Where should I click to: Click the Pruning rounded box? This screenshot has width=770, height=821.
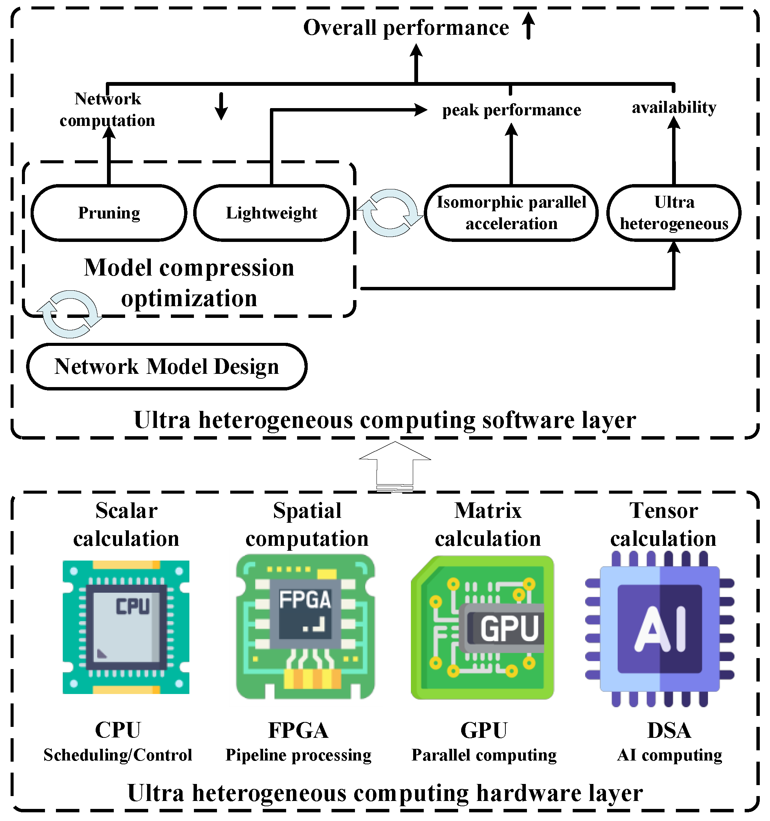(x=109, y=213)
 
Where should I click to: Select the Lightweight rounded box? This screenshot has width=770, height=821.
(x=271, y=213)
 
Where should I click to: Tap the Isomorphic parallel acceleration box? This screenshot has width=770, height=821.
(x=511, y=213)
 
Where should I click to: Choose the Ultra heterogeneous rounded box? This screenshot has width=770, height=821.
(x=673, y=213)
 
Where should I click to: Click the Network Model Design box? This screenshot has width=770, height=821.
(x=166, y=367)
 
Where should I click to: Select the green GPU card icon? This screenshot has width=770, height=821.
(x=482, y=628)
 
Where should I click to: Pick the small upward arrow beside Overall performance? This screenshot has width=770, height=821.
(x=528, y=26)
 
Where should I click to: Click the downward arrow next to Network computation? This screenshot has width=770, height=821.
(x=222, y=106)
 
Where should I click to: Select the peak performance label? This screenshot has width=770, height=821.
(x=511, y=110)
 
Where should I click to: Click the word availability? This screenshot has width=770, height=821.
(x=674, y=107)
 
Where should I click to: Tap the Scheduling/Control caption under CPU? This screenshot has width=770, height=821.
(x=118, y=755)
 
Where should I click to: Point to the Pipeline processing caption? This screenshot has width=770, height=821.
(x=298, y=755)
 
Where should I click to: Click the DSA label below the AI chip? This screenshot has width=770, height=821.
(x=669, y=730)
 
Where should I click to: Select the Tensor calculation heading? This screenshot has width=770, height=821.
(x=663, y=525)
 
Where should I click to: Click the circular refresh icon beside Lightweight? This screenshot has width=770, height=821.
(x=390, y=213)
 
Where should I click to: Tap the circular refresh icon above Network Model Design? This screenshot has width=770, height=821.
(x=70, y=314)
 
